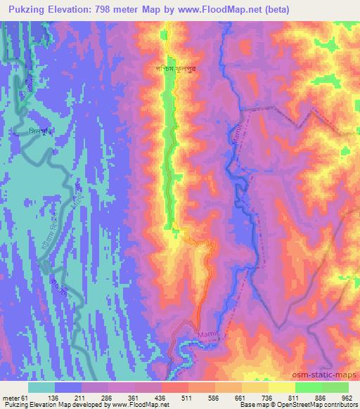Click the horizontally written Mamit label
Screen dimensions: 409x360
209,335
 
